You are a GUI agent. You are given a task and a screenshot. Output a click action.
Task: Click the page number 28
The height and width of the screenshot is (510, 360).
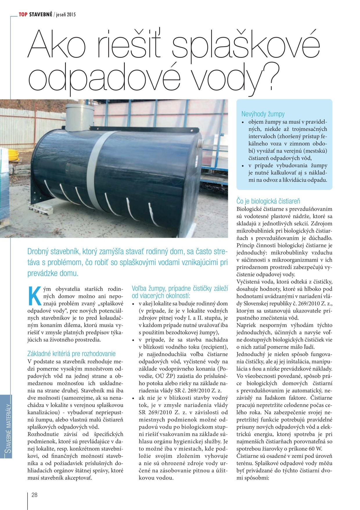click(x=35, y=495)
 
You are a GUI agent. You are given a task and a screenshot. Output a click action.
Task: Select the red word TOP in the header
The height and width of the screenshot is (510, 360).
click(x=23, y=14)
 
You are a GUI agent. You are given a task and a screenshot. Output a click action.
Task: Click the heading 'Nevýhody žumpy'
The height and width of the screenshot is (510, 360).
click(x=263, y=114)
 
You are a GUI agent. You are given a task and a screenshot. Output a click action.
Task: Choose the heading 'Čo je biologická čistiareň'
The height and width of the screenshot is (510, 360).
click(x=268, y=201)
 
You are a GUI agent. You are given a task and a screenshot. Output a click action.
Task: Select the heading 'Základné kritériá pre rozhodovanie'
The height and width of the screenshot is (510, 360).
click(x=71, y=354)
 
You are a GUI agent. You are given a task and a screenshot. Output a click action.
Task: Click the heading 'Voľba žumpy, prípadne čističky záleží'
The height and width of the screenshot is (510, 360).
click(x=179, y=289)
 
